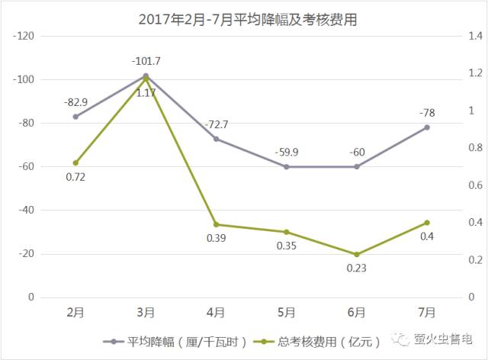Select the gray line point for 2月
[x=75, y=117]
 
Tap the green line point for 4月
[x=216, y=224]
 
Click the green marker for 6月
[x=357, y=255]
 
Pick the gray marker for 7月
[x=427, y=127]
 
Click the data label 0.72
[x=75, y=177]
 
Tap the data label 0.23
[x=357, y=268]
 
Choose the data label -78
[x=427, y=112]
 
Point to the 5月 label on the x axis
[x=286, y=311]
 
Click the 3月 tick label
[x=146, y=311]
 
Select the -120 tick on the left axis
[x=26, y=36]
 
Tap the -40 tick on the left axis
[x=28, y=210]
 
